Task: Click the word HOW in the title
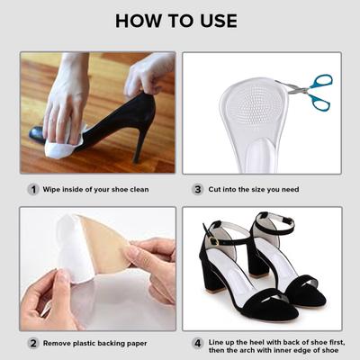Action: [140, 20]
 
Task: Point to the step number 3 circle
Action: [197, 189]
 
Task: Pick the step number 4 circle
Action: [197, 343]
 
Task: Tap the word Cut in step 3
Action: [216, 189]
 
